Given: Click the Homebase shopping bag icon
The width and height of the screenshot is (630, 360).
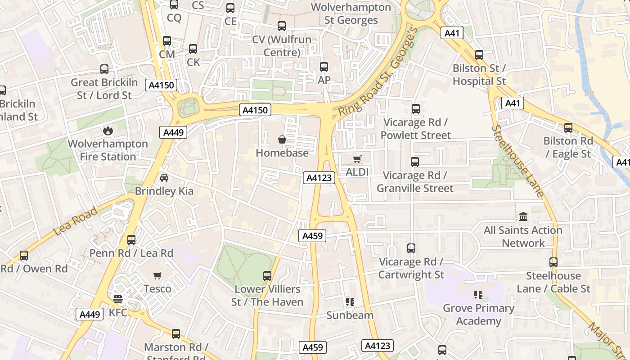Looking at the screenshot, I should (x=282, y=139).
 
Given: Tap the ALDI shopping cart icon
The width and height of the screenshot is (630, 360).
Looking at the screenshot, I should (x=357, y=159).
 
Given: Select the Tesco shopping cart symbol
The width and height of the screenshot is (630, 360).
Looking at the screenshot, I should (x=157, y=275).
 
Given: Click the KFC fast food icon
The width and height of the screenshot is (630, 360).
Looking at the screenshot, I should (x=118, y=299).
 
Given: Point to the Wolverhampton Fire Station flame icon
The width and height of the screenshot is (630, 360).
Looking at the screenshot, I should (x=108, y=130).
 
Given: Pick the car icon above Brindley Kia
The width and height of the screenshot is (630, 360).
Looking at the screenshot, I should (x=164, y=178).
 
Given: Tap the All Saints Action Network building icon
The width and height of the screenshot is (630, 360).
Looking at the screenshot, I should (x=523, y=217).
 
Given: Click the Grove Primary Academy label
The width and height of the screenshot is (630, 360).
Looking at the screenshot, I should (x=478, y=315).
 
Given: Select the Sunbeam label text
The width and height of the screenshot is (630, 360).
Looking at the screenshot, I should (x=350, y=315).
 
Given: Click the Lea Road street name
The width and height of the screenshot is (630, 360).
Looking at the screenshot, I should (x=75, y=221).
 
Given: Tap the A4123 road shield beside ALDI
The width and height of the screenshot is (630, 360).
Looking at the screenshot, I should (x=319, y=178).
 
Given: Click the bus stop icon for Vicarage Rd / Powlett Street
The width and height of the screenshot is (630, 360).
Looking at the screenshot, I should (x=415, y=109).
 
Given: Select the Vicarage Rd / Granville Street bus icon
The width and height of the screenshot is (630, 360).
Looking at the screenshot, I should (x=414, y=162).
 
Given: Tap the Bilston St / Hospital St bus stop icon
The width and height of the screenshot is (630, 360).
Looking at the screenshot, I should (x=479, y=55).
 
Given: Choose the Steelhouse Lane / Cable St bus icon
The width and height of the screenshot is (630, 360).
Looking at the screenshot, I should (x=553, y=262).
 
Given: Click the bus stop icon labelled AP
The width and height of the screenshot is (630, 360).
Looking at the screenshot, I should (x=324, y=67).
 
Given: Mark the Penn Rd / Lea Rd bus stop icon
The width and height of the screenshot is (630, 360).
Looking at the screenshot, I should (x=131, y=240).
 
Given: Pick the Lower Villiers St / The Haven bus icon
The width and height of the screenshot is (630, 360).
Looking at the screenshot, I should (x=267, y=275).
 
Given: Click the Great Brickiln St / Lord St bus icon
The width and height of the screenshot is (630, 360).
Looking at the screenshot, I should (x=104, y=69).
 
